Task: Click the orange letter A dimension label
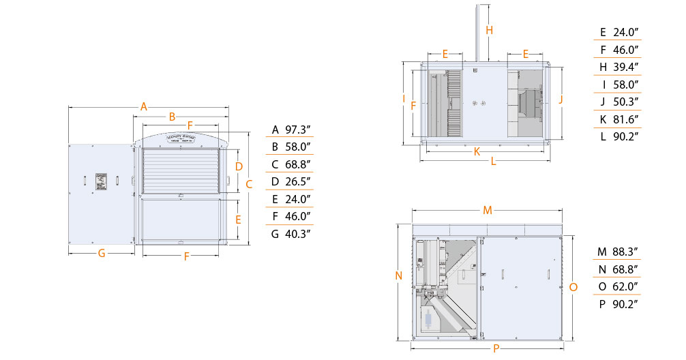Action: [144, 106]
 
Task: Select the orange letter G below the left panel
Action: [102, 253]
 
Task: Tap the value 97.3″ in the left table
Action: [298, 130]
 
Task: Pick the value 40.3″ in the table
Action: [298, 234]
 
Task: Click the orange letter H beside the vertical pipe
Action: [489, 29]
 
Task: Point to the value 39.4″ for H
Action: [626, 67]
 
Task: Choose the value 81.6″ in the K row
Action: [626, 119]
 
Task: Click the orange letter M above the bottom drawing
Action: [487, 210]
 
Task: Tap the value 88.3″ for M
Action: [626, 252]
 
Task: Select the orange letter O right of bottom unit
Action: [573, 287]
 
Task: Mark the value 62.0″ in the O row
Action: [626, 286]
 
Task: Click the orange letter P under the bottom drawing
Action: [496, 348]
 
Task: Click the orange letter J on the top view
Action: [560, 99]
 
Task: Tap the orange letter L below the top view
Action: [493, 162]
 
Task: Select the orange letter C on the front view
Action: [249, 183]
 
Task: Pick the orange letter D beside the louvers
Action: [239, 166]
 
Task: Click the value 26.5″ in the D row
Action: [298, 181]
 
